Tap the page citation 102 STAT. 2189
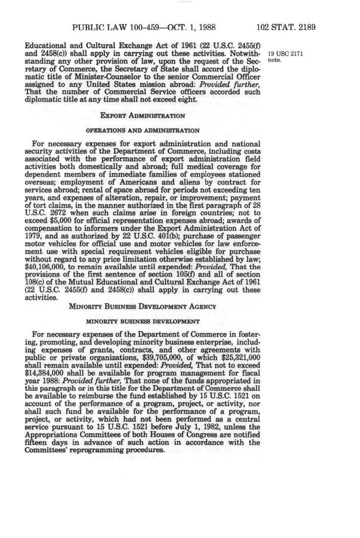pyautogui.click(x=286, y=27)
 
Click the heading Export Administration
pyautogui.click(x=142, y=115)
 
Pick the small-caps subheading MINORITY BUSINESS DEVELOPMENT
pyautogui.click(x=143, y=321)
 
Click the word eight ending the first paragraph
pyautogui.click(x=188, y=99)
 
